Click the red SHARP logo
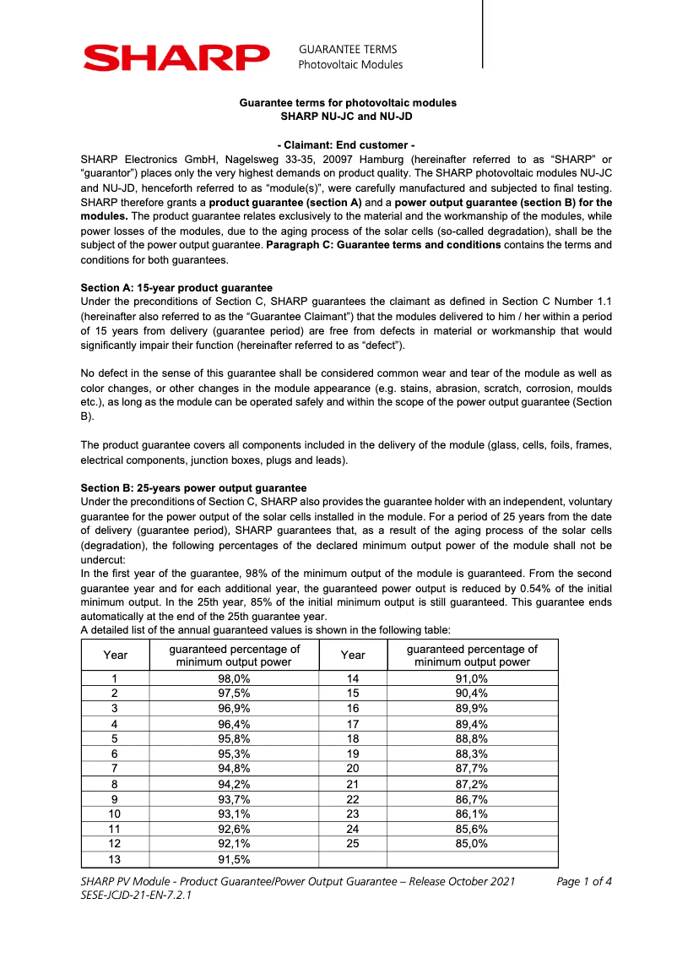[176, 57]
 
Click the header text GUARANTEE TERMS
[347, 49]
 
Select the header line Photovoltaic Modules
[350, 64]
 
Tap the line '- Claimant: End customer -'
[346, 145]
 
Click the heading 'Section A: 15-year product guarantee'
[176, 288]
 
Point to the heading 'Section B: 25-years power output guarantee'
[193, 488]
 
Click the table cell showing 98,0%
[234, 678]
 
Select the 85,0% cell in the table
[472, 843]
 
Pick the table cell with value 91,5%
[234, 859]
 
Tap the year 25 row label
[353, 843]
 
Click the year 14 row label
[353, 678]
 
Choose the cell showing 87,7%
[472, 768]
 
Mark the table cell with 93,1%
[234, 813]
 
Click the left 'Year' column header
[115, 655]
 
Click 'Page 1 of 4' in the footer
[584, 882]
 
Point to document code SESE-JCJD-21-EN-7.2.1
[136, 895]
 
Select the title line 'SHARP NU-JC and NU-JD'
[347, 116]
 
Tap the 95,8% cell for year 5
[234, 738]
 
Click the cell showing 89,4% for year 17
[472, 723]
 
